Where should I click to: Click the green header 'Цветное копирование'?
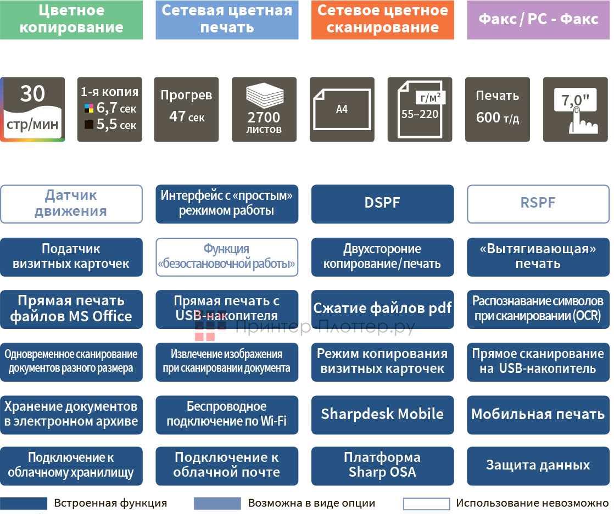coord(71,20)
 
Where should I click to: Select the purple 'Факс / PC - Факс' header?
coord(538,20)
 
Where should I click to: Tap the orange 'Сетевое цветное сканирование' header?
coord(382,20)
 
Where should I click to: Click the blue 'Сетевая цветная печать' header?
coord(227,20)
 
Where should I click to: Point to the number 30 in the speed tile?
coord(32,94)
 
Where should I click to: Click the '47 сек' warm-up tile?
coord(187,109)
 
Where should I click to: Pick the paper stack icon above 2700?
coord(264,96)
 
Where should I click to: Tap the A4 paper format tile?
coord(342,109)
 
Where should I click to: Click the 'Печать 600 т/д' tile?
coord(498,109)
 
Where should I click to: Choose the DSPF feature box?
coord(382,203)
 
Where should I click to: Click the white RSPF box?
coord(538,203)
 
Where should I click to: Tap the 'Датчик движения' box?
coord(71,203)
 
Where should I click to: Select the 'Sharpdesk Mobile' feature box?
coord(382,414)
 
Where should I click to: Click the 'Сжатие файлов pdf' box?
coord(382,309)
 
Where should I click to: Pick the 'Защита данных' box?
coord(538,466)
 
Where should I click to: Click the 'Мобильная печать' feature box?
coord(538,414)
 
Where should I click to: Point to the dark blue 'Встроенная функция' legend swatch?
coord(24,503)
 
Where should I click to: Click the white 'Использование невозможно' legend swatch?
coord(426,503)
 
